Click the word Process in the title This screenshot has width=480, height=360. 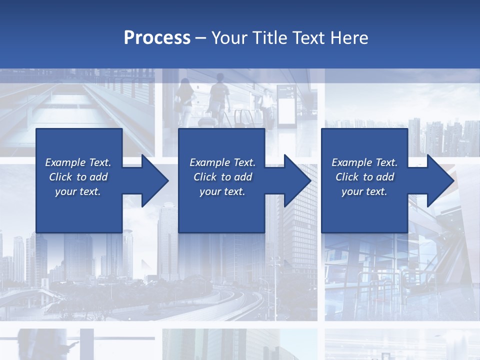157,38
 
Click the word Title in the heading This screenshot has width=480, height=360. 270,38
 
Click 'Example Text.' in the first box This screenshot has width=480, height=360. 78,162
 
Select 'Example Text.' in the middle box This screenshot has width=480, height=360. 222,162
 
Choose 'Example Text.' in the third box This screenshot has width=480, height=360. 364,162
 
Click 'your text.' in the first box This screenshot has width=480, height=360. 78,191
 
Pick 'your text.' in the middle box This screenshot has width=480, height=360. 222,191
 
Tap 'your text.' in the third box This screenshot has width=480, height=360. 364,191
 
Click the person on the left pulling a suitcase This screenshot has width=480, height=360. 183,100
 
